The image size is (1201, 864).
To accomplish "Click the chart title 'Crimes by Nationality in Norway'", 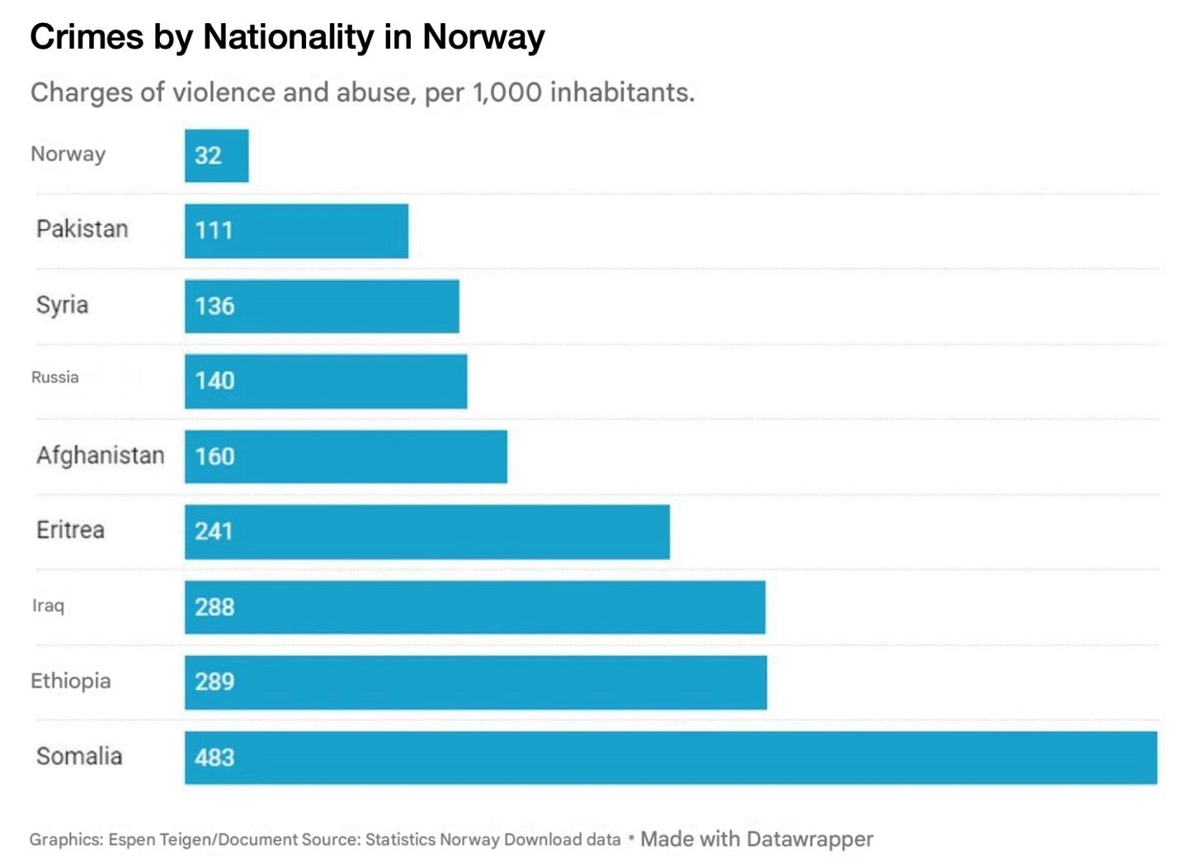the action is click(x=287, y=38).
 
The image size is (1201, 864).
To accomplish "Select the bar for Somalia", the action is click(x=671, y=758).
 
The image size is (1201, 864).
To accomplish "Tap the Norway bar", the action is click(x=217, y=156).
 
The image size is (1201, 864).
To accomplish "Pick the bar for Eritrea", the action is click(x=427, y=532).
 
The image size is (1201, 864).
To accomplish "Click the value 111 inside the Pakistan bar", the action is click(x=214, y=231).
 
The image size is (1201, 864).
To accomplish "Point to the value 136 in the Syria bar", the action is click(x=214, y=306).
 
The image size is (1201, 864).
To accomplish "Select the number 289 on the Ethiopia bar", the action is click(x=214, y=682).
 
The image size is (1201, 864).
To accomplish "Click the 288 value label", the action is click(x=214, y=608).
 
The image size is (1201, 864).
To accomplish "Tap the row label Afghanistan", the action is click(x=101, y=456).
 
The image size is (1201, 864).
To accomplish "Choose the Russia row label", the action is click(x=54, y=378).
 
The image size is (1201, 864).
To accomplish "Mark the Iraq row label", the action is click(x=48, y=606).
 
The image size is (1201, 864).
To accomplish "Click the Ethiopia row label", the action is click(x=71, y=681).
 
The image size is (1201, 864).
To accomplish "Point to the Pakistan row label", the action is click(x=82, y=229).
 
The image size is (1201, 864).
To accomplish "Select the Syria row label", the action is click(x=62, y=306).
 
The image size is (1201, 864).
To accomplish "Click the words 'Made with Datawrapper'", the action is click(x=756, y=838).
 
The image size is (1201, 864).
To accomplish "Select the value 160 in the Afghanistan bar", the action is click(x=214, y=457).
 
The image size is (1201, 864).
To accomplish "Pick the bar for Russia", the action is click(x=326, y=381).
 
